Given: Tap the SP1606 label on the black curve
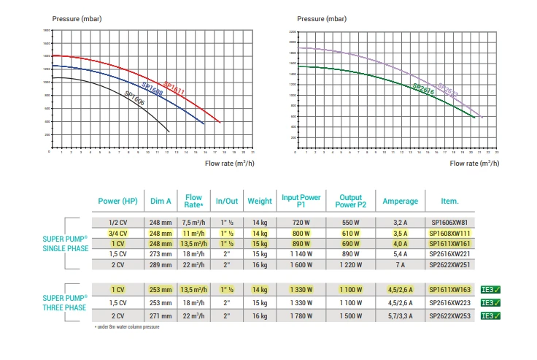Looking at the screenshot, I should (x=134, y=99).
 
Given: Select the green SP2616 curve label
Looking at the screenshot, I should (x=423, y=90).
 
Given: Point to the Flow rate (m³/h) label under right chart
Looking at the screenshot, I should (x=474, y=164).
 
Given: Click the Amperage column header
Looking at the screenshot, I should (x=401, y=201).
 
